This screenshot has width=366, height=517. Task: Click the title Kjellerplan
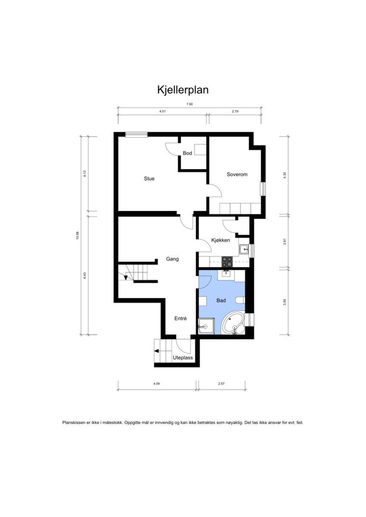coord(183,90)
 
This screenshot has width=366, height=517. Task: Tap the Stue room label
coord(149,178)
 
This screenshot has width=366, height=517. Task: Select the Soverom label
coord(237,174)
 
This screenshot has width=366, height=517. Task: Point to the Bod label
coord(187,153)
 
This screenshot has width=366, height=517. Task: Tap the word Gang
coord(172,259)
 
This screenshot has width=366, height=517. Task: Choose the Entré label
coord(180,319)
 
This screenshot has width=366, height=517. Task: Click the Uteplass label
coord(183,357)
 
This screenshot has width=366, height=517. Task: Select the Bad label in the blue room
coord(221,301)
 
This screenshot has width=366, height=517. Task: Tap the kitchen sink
coord(244,249)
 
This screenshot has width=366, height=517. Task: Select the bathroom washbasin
coord(226,273)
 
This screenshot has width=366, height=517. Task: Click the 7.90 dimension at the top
coord(189,104)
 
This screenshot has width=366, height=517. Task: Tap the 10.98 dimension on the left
coord(78,235)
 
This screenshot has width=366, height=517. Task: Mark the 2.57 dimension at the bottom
coord(221,384)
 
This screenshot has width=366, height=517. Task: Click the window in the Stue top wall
coord(136,135)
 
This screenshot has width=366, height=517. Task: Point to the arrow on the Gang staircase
coord(126,277)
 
